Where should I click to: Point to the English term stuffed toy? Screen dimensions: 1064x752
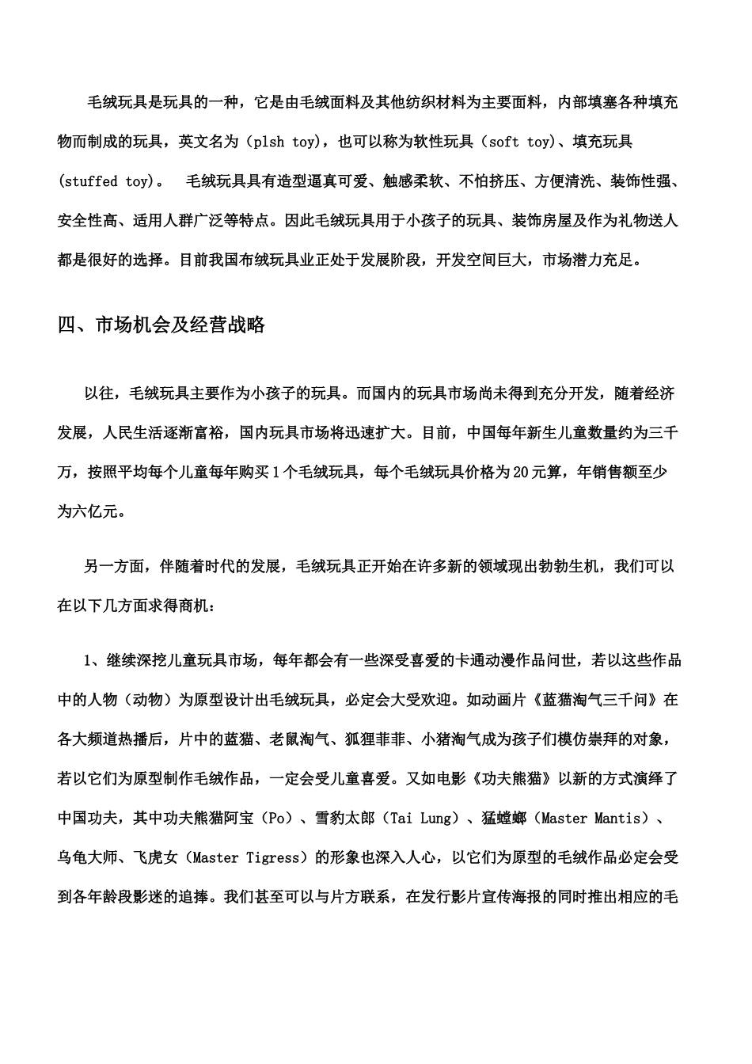[104, 181]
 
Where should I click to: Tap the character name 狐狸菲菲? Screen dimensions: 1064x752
[376, 739]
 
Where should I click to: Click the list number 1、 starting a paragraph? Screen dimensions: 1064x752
[92, 661]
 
